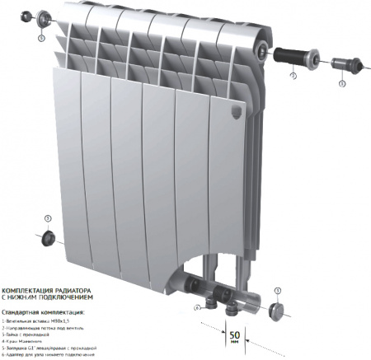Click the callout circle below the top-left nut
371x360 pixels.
coord(42,37)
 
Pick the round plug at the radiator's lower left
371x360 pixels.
coord(49,238)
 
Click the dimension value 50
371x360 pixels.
coord(236,334)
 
